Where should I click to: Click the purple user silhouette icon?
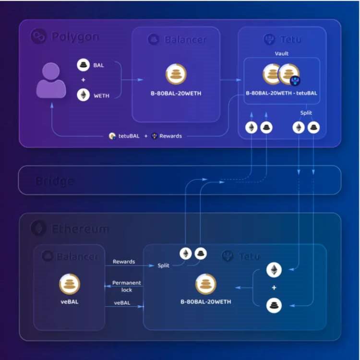51,82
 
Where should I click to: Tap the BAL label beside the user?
99,65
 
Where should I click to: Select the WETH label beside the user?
101,96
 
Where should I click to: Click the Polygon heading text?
75,36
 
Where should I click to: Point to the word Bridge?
55,181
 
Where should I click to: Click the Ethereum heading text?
80,229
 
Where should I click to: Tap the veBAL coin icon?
70,284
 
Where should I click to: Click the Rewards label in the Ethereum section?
124,262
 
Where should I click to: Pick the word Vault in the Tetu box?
282,53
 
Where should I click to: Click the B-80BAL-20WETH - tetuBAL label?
282,93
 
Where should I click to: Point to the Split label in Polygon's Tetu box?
306,112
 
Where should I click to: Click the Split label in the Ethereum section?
163,265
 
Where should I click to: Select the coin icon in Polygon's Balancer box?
176,74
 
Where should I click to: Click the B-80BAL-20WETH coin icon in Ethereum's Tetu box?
205,284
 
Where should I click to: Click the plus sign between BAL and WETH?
83,80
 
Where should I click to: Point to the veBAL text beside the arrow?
122,303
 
